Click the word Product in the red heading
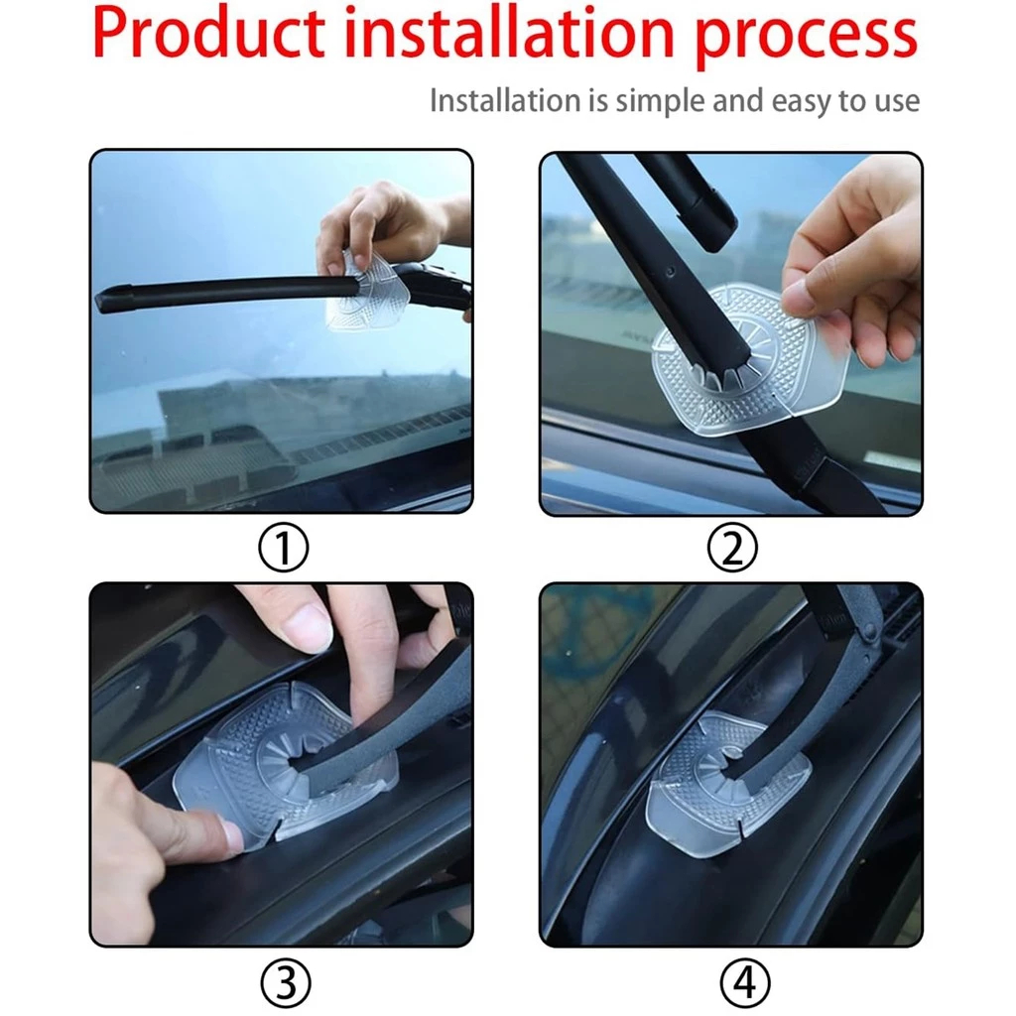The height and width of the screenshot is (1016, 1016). (x=208, y=33)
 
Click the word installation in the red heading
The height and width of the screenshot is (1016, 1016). (x=509, y=33)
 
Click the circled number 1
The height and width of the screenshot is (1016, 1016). (x=283, y=548)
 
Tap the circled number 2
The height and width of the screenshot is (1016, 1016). (x=732, y=548)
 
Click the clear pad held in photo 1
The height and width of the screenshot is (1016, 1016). (x=366, y=292)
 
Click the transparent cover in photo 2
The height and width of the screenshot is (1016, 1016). (x=745, y=363)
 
